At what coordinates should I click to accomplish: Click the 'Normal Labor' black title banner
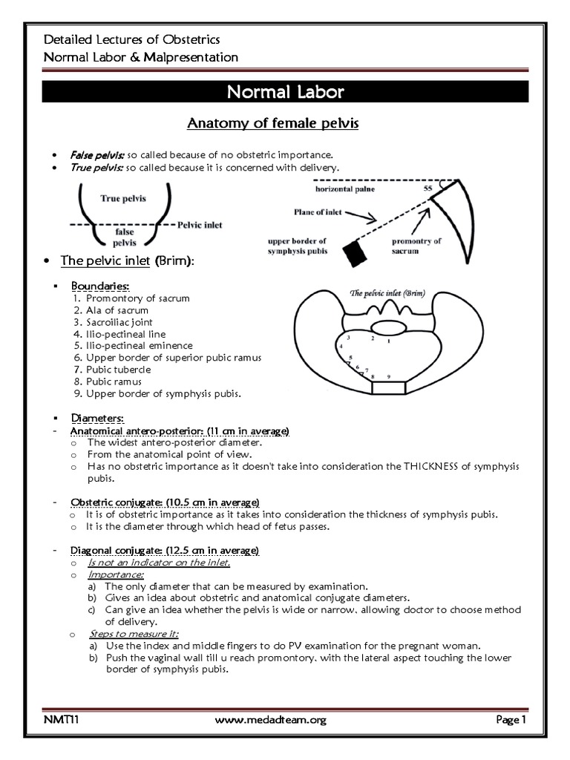(284, 93)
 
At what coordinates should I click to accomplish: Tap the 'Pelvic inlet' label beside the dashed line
(200, 224)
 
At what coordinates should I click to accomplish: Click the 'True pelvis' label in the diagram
(122, 199)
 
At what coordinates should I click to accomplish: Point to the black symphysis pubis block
(355, 253)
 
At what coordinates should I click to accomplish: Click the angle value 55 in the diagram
(427, 190)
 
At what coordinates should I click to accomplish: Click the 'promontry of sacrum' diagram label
(418, 246)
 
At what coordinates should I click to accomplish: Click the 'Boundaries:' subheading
(100, 285)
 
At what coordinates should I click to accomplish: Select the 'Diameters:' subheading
(98, 419)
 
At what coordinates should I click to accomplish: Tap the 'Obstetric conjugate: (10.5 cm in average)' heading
(164, 502)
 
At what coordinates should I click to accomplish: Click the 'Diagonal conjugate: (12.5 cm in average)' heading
(164, 550)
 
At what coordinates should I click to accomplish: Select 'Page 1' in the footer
(511, 719)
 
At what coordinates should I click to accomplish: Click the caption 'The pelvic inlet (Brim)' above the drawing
(388, 293)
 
